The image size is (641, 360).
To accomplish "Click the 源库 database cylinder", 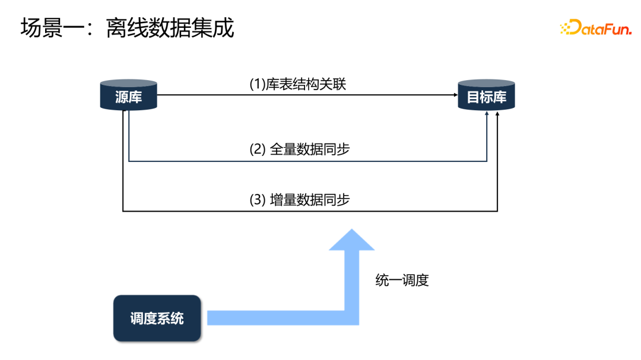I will pyautogui.click(x=129, y=95).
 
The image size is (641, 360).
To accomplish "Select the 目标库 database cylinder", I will pyautogui.click(x=487, y=95).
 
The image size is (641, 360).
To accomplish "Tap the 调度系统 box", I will pyautogui.click(x=157, y=318).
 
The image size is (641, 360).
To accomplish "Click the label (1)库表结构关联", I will pyautogui.click(x=297, y=85).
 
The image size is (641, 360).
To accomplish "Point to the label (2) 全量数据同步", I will pyautogui.click(x=300, y=149).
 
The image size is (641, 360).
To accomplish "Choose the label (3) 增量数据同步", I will pyautogui.click(x=300, y=199).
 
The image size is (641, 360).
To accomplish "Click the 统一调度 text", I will pyautogui.click(x=402, y=280).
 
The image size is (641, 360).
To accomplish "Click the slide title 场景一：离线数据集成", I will pyautogui.click(x=128, y=28).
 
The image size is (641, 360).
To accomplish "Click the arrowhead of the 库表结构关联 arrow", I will pyautogui.click(x=454, y=95).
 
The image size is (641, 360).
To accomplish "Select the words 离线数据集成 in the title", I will pyautogui.click(x=170, y=28).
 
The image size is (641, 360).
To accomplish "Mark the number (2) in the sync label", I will pyautogui.click(x=257, y=149).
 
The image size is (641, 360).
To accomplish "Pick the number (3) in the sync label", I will pyautogui.click(x=257, y=199).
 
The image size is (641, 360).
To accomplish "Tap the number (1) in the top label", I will pyautogui.click(x=257, y=85).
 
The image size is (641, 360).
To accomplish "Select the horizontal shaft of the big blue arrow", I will pyautogui.click(x=276, y=317).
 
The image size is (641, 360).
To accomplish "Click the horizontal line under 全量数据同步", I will pyautogui.click(x=307, y=161).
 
